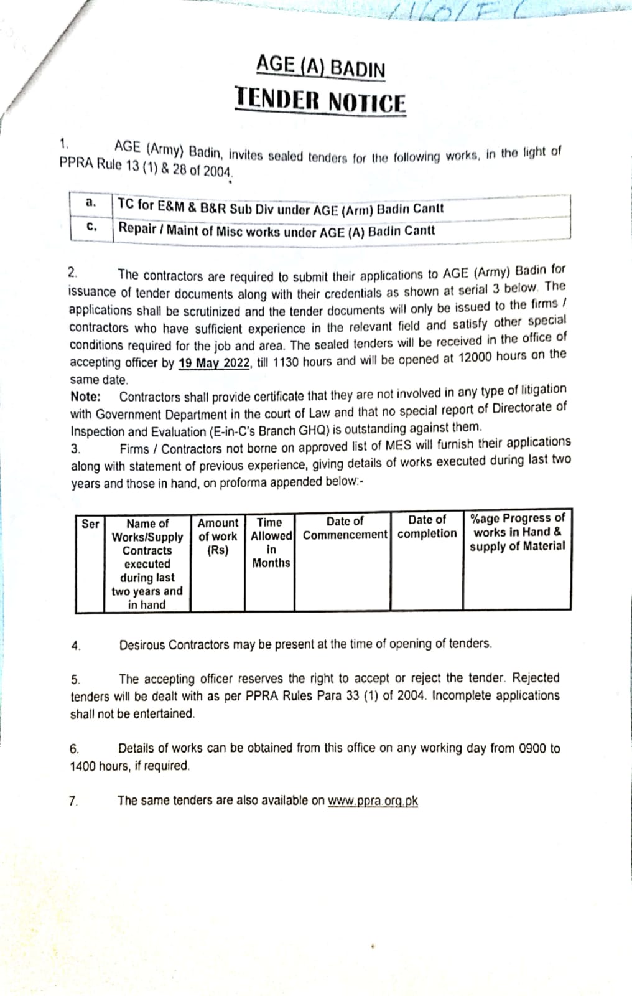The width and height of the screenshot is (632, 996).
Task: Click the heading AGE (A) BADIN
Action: tap(320, 65)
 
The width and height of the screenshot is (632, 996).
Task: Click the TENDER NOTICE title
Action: tap(320, 100)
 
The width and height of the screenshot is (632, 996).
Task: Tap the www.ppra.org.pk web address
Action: tap(373, 801)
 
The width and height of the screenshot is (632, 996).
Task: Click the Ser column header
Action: tap(90, 524)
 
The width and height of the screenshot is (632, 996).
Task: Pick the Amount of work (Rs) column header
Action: tap(218, 537)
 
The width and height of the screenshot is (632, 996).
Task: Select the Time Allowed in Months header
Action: tap(271, 542)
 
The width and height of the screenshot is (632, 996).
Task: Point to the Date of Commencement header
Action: tap(345, 528)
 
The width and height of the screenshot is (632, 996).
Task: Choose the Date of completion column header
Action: tap(427, 527)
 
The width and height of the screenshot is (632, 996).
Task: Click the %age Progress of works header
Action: tap(518, 532)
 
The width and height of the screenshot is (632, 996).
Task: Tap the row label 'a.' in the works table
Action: tap(91, 202)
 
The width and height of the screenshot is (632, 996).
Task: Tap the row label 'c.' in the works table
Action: tap(91, 226)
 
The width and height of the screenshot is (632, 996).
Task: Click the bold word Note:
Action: tap(85, 397)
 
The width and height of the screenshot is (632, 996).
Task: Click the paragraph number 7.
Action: tap(73, 801)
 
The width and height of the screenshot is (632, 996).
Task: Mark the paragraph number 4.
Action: tap(75, 646)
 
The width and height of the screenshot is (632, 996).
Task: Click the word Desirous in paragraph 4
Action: tap(142, 645)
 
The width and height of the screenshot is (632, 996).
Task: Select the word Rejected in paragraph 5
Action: tap(536, 677)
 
